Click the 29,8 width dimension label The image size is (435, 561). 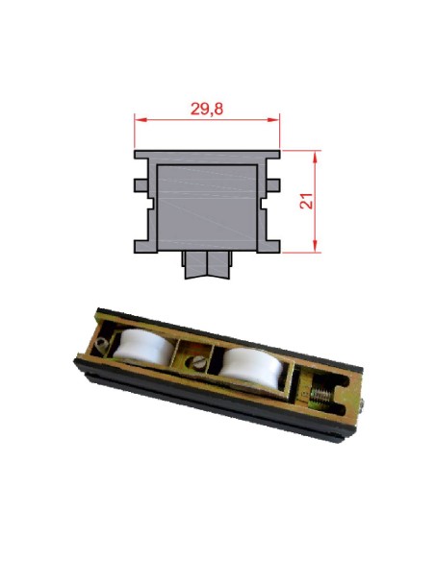[x=207, y=109]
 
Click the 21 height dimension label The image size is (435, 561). [x=307, y=201]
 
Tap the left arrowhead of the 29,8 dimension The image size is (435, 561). [x=141, y=119]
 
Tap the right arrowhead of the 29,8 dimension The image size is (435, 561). [x=273, y=119]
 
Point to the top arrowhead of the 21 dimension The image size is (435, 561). [x=315, y=157]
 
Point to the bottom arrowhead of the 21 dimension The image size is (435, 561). [x=315, y=246]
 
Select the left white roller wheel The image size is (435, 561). [x=142, y=347]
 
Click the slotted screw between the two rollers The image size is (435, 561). [x=198, y=363]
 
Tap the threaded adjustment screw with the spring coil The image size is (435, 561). [x=320, y=396]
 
